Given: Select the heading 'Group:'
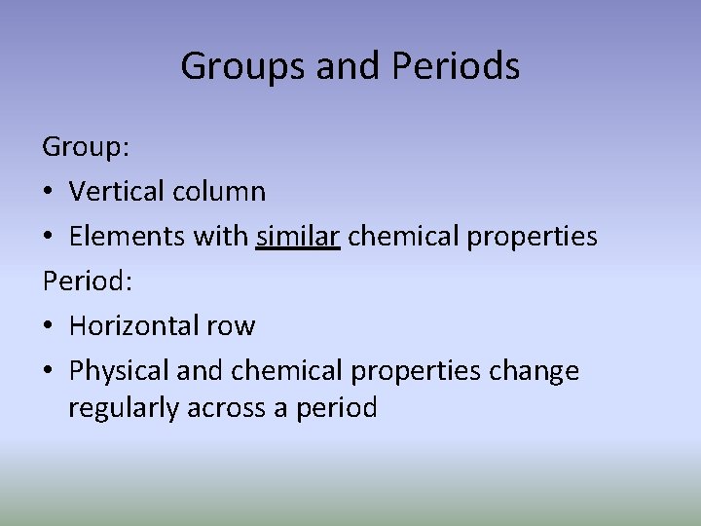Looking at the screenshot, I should pyautogui.click(x=87, y=147).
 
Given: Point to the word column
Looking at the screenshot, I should pyautogui.click(x=219, y=191).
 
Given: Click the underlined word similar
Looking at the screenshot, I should pyautogui.click(x=298, y=236).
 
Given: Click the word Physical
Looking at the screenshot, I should pyautogui.click(x=117, y=370).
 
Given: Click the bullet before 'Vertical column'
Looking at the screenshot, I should pyautogui.click(x=49, y=192).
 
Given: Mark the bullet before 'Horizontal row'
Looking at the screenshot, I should pyautogui.click(x=49, y=326).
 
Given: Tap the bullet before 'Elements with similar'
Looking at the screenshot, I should pyautogui.click(x=49, y=237).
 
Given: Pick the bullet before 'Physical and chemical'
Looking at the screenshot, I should pyautogui.click(x=49, y=371).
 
